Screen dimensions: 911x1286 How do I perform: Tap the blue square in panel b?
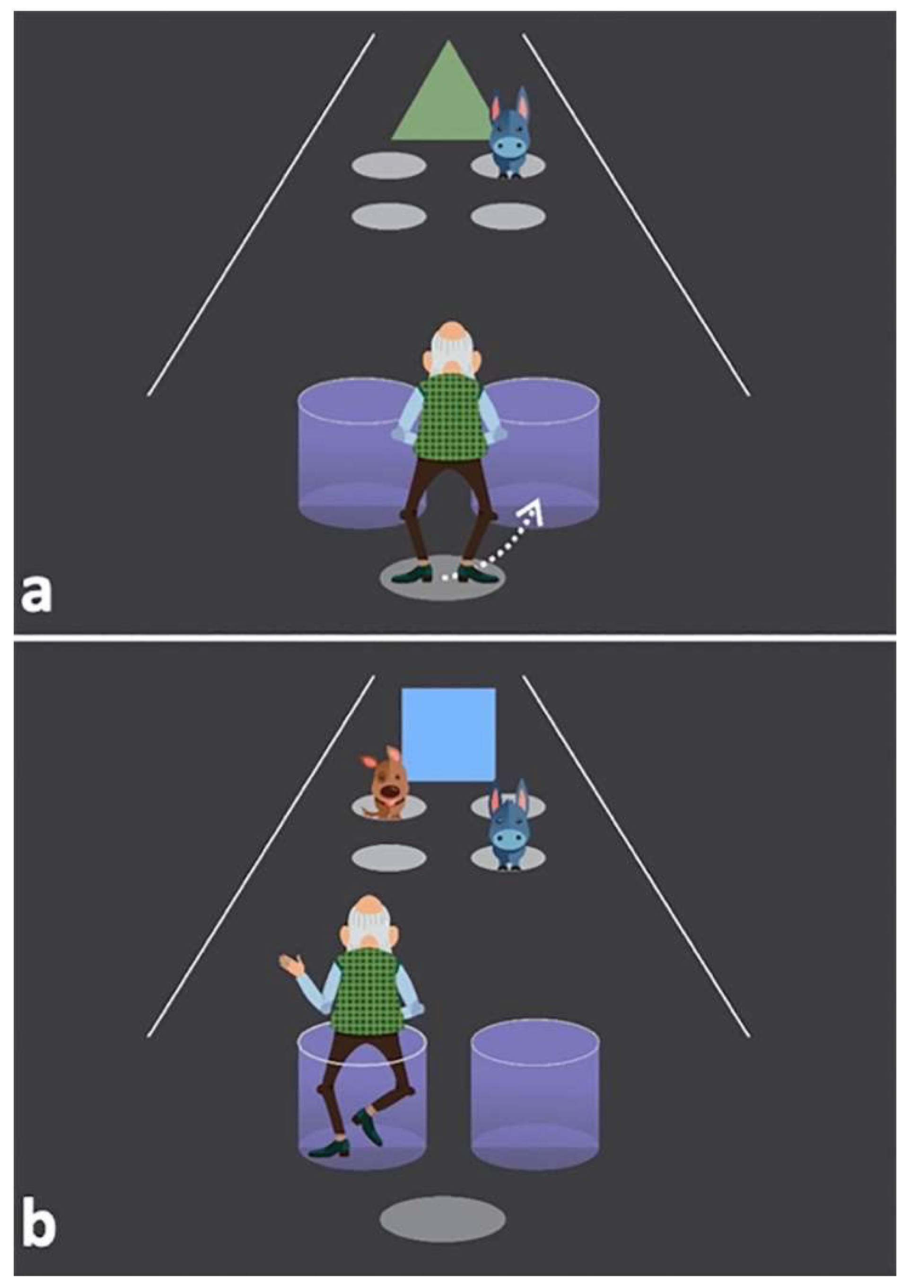(448, 735)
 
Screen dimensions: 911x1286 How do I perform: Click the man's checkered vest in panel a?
(452, 417)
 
